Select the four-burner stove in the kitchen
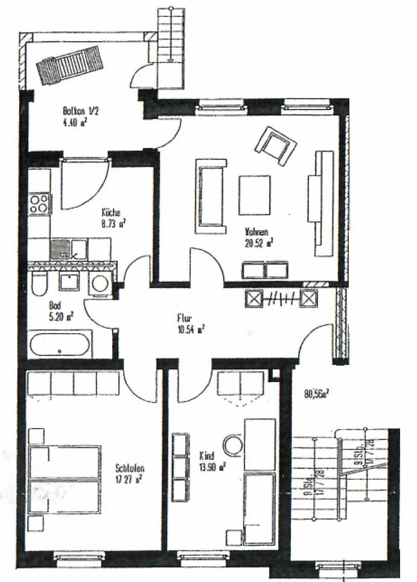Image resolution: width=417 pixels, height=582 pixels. click(40, 204)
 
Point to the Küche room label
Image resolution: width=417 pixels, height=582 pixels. click(111, 212)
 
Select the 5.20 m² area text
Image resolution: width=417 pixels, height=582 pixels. click(61, 315)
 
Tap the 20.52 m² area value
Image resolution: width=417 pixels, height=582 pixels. click(260, 242)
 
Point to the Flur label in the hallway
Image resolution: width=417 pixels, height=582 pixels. click(185, 318)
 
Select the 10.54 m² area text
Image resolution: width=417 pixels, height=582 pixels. click(191, 329)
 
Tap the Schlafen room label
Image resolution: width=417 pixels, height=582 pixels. click(130, 468)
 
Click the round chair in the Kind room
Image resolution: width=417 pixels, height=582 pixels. click(232, 445)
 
